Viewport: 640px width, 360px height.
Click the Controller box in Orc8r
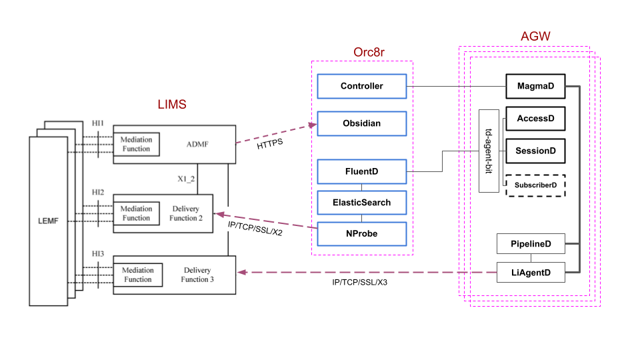361,86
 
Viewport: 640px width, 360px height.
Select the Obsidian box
361,123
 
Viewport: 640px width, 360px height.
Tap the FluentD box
361,171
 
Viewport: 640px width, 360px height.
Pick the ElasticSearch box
361,203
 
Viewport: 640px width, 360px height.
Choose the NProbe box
361,233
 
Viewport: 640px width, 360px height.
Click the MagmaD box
535,85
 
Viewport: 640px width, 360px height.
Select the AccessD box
535,119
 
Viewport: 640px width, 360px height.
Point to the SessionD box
535,151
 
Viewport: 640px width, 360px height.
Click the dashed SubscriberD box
535,185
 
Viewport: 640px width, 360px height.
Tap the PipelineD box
531,244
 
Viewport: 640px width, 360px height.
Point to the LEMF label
48,221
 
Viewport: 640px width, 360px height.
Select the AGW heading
535,36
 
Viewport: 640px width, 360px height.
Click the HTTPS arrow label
271,144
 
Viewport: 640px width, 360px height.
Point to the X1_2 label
186,179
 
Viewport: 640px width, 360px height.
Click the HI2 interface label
98,193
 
